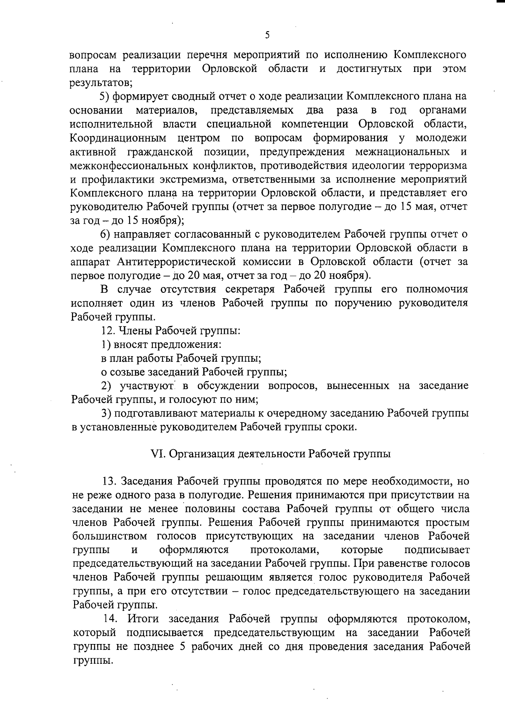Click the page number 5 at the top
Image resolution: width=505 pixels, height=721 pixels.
point(268,35)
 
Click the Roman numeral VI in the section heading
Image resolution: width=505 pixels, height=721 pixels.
point(157,454)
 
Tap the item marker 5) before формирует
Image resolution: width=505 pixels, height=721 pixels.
point(105,96)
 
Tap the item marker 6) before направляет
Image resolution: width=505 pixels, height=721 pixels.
point(105,234)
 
